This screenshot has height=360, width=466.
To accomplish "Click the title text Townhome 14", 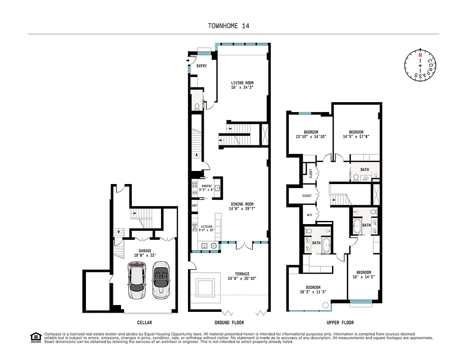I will (229, 26).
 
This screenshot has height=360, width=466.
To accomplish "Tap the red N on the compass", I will (420, 55).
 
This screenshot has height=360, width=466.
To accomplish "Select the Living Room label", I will (242, 83).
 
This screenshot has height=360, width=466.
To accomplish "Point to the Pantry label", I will (206, 186).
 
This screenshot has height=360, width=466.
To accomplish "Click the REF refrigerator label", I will (195, 206).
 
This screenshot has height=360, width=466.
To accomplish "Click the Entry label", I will (202, 66).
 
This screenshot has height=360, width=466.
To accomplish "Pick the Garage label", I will (145, 251).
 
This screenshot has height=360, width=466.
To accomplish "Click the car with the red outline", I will (138, 282).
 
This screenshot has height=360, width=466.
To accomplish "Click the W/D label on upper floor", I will (309, 215).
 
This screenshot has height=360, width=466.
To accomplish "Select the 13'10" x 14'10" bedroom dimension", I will (311, 136).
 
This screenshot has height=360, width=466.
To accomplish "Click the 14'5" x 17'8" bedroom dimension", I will (356, 136).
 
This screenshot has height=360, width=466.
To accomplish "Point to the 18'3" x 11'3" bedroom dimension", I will (313, 292).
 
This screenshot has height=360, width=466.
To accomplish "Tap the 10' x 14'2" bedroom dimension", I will (364, 277).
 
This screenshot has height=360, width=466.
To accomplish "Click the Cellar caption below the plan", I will (144, 323).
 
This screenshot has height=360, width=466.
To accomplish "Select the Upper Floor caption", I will (341, 323).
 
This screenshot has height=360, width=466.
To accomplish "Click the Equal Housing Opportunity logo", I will (36, 337).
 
